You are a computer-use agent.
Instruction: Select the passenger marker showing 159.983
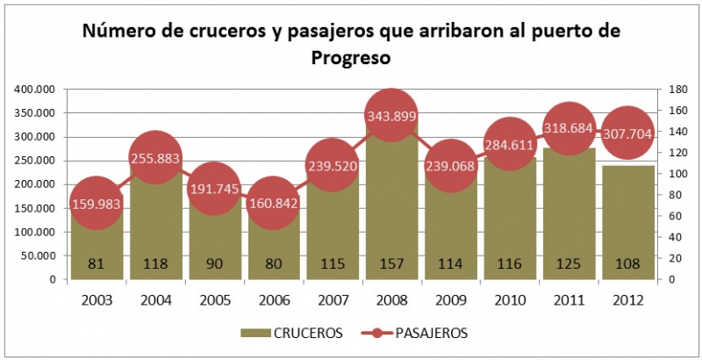pos(96,204)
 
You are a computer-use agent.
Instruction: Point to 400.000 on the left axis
pos(34,90)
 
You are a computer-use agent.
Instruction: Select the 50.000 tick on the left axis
pos(38,256)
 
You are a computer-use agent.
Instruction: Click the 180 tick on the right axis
pos(677,90)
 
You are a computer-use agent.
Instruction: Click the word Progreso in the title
pos(350,59)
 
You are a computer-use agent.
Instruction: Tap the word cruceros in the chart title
pos(229,31)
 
